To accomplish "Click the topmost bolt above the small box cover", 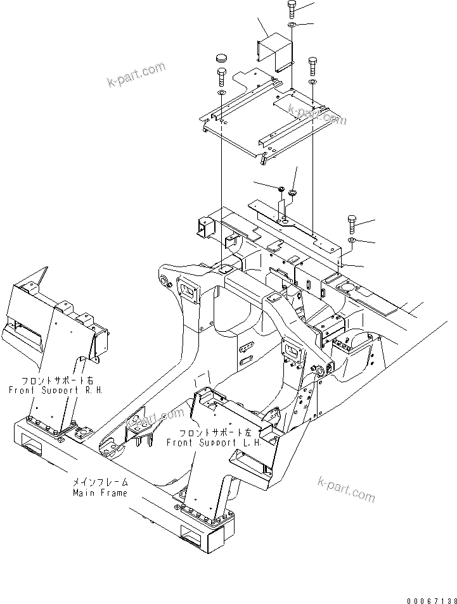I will (290, 9).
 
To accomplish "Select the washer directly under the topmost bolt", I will (290, 25).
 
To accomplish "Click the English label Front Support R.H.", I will (56, 391).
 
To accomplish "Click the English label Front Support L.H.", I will (214, 443).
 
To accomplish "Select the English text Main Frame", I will (100, 493).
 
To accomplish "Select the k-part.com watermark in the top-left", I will (136, 75).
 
